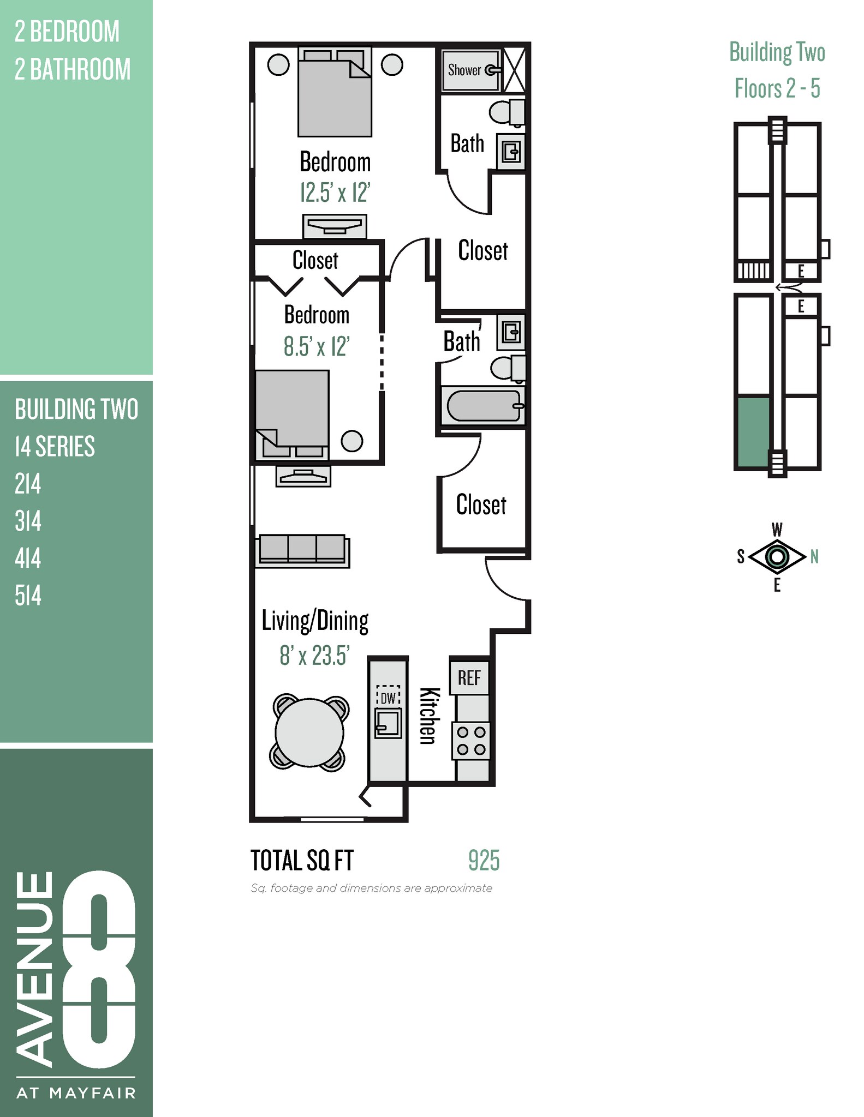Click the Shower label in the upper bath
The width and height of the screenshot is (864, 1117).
coord(464,70)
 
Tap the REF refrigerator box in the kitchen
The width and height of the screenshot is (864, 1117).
coord(469,678)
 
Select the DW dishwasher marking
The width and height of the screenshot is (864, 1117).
coord(388,698)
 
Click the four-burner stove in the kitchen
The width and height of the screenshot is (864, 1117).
coord(471,741)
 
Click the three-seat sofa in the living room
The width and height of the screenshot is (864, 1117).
coord(302,549)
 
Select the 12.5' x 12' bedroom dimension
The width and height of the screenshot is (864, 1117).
coord(335,193)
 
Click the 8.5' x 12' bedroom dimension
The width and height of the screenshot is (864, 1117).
coord(317,346)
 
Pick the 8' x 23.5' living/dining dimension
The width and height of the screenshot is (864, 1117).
coord(314,656)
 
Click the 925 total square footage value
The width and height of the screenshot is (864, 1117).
coord(484,861)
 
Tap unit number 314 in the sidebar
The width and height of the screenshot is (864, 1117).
coord(28,521)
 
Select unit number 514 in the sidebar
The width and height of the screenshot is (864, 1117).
coord(28,596)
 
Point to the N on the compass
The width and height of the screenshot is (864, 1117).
coord(814,557)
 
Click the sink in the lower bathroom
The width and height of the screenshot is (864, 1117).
coord(511,332)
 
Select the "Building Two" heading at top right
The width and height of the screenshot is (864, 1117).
coord(777,53)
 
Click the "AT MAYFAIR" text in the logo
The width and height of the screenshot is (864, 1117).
coord(76,1093)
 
